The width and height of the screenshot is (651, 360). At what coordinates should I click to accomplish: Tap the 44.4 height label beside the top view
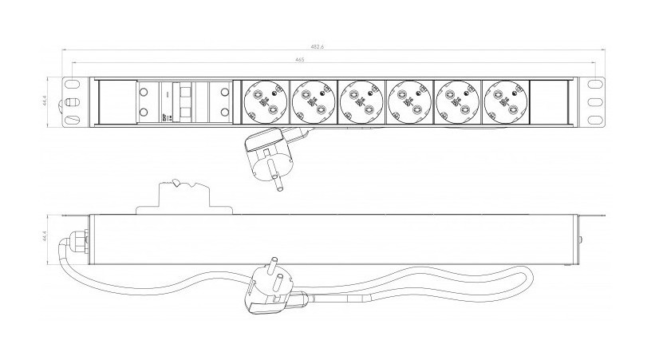coord(45,102)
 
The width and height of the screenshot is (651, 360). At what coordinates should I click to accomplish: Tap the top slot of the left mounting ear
coord(72,84)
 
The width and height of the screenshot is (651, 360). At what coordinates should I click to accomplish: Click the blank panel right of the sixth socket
coord(551,103)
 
